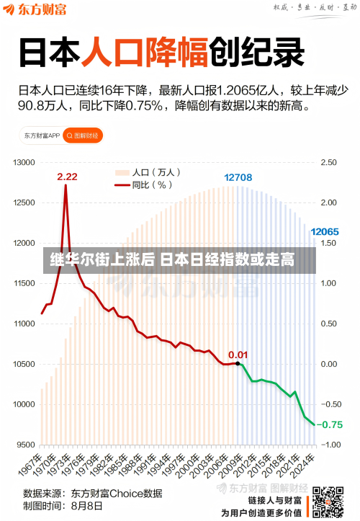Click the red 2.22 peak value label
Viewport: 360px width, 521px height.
click(68, 177)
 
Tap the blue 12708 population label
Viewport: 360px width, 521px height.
click(238, 177)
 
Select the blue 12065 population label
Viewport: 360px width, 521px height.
click(324, 232)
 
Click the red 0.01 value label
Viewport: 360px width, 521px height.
click(238, 354)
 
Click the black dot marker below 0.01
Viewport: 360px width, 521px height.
click(238, 364)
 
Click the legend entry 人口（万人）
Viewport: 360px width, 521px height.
click(147, 173)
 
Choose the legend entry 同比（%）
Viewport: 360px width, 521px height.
click(144, 184)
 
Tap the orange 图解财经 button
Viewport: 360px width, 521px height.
click(84, 135)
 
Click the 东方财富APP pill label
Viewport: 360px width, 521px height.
click(42, 135)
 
